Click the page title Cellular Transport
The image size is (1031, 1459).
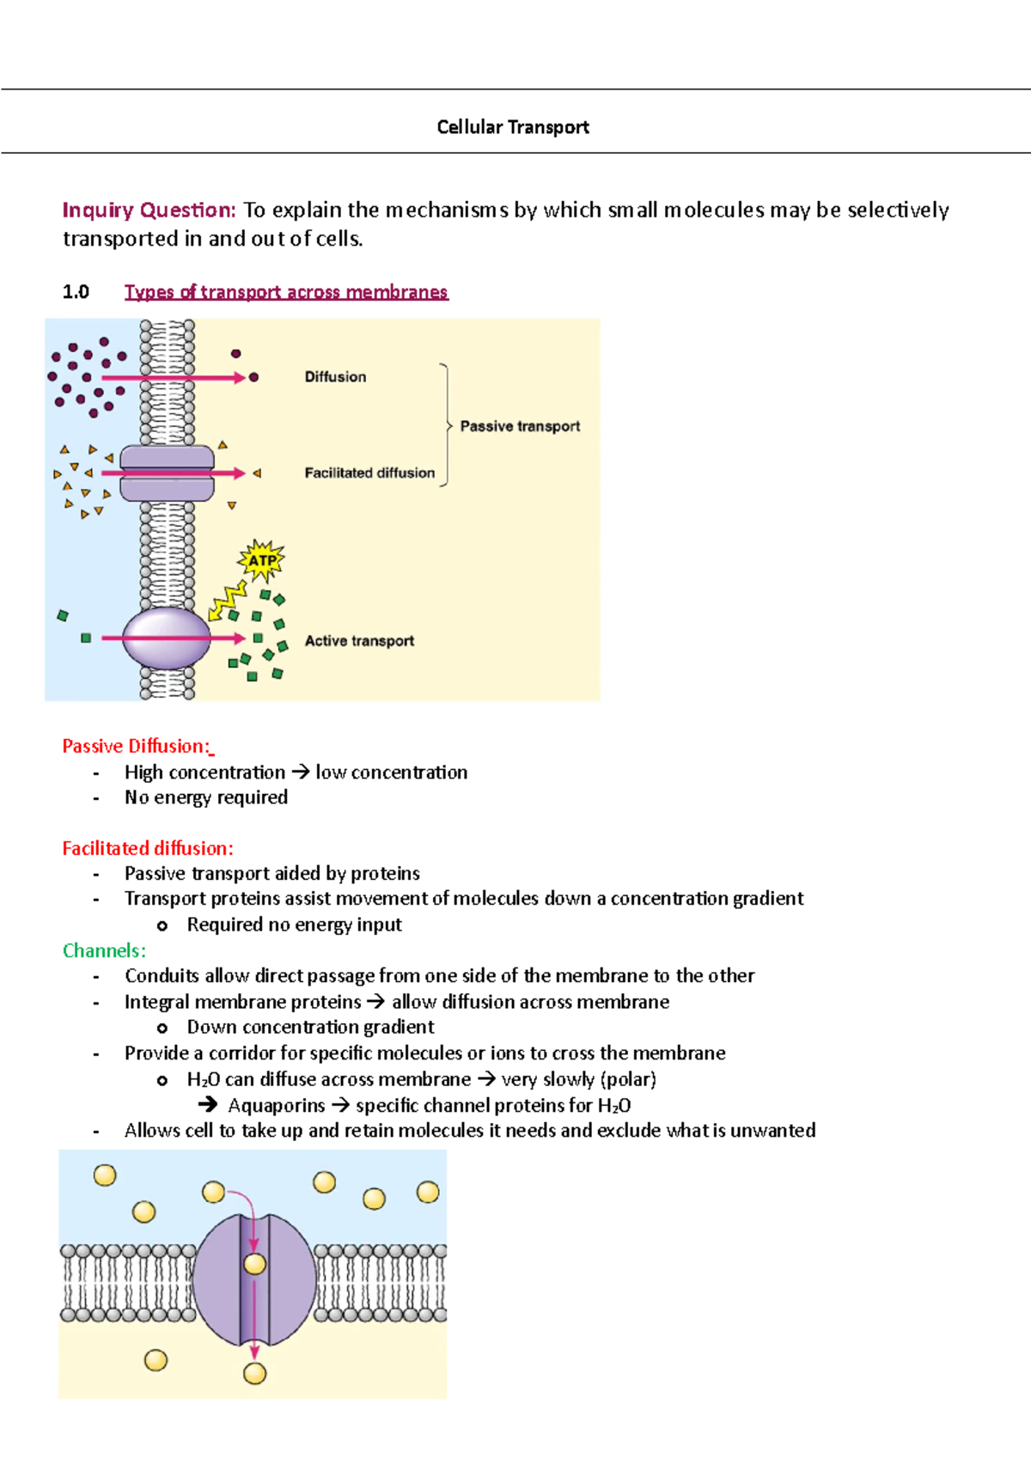click(x=513, y=127)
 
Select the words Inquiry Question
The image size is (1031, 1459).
click(x=149, y=211)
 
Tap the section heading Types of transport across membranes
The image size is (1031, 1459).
click(x=286, y=292)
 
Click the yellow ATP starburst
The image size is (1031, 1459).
click(x=261, y=561)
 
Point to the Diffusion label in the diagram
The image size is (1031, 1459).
click(x=335, y=377)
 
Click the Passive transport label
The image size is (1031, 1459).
click(x=520, y=426)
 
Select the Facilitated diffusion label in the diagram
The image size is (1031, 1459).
click(x=369, y=473)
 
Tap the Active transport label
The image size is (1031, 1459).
click(x=359, y=641)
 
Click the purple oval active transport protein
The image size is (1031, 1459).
click(x=166, y=638)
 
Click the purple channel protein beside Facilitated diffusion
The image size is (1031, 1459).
click(x=167, y=473)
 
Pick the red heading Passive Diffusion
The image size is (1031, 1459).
click(x=136, y=746)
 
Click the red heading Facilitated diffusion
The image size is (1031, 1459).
click(x=148, y=848)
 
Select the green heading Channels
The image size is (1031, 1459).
click(x=104, y=950)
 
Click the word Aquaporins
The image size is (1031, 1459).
click(x=276, y=1106)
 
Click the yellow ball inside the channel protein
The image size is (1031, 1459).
click(x=254, y=1264)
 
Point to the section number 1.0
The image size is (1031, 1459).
click(x=76, y=292)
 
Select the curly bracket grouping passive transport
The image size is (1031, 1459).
click(x=445, y=425)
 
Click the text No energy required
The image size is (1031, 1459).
click(x=206, y=797)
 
